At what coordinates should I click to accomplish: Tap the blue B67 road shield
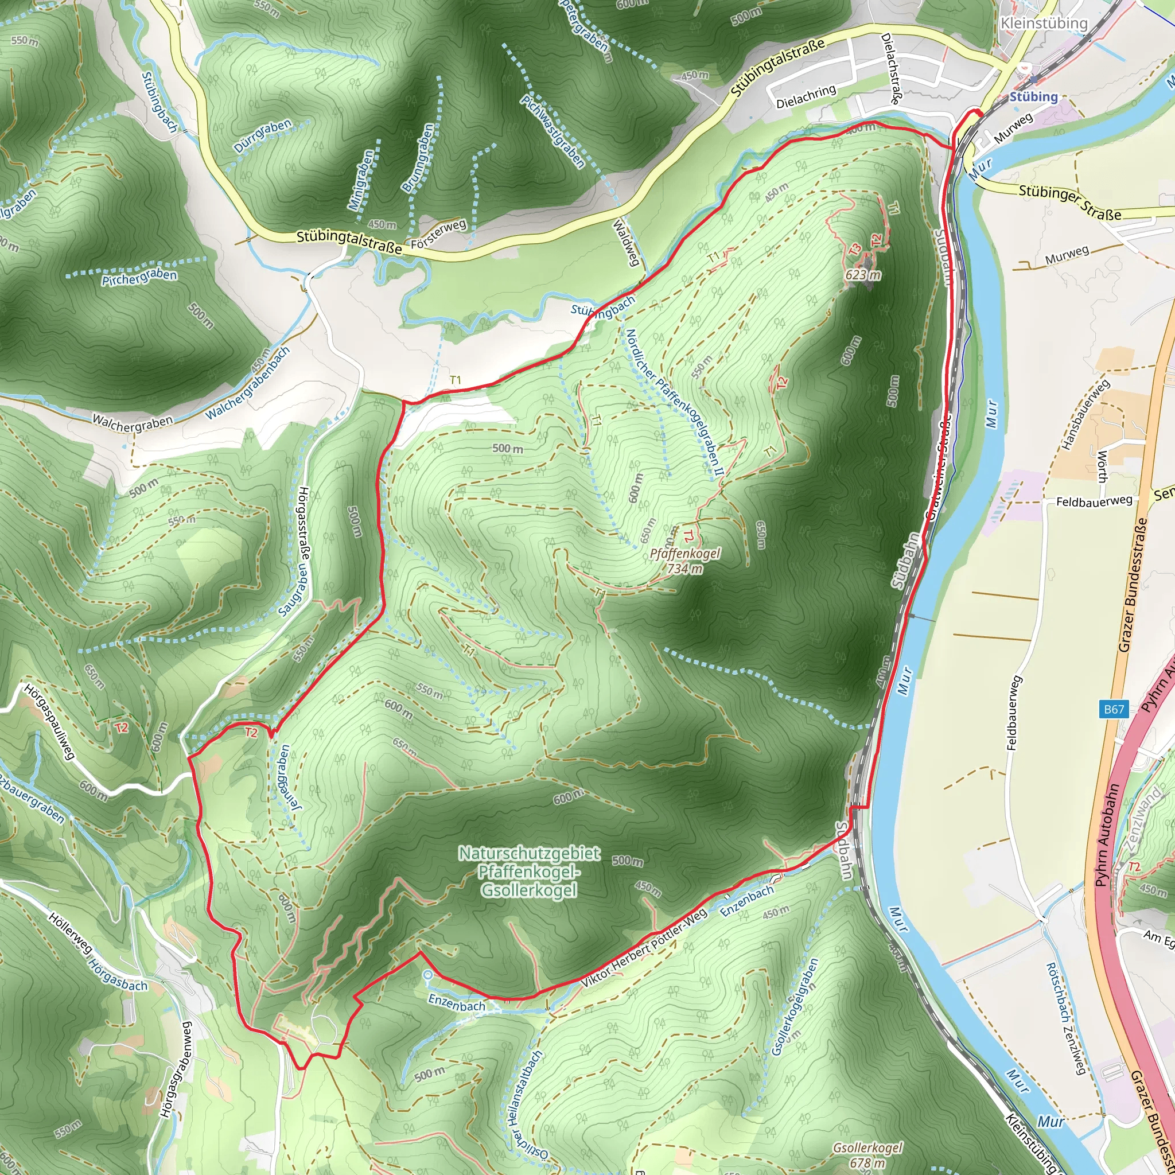tap(1114, 709)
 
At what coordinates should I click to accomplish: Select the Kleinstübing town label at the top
tap(1044, 23)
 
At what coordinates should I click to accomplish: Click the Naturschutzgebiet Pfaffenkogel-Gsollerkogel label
tap(528, 871)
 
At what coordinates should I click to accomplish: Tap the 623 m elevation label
tap(863, 275)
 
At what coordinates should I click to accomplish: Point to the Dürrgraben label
tap(263, 135)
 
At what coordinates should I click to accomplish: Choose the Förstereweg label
tap(438, 235)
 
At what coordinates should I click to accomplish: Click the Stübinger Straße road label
tap(1070, 202)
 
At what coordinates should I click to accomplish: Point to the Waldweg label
tap(625, 243)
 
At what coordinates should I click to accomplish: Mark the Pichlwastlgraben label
tap(553, 131)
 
